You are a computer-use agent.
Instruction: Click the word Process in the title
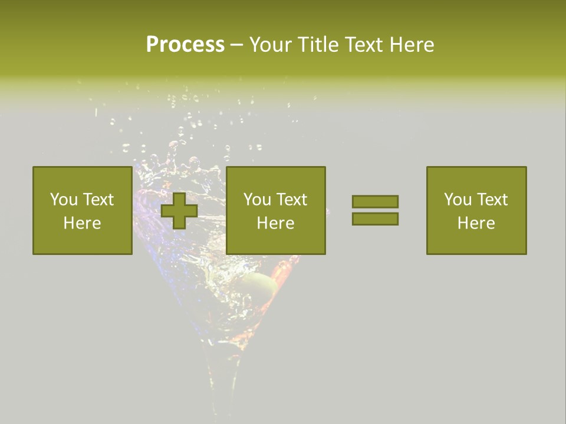tap(185, 45)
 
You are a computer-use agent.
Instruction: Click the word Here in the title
tap(413, 45)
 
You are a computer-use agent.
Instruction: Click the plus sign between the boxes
tap(179, 211)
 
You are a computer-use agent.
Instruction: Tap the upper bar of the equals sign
tap(375, 201)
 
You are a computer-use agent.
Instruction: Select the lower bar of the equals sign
tap(375, 219)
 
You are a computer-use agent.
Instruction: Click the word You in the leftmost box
tap(64, 200)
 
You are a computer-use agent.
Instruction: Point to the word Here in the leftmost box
tap(82, 223)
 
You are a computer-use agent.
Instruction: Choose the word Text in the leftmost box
tap(98, 200)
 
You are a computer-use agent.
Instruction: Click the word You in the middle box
tap(257, 200)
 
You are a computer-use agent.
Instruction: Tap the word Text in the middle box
tap(291, 200)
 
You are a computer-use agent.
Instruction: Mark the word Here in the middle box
tap(275, 223)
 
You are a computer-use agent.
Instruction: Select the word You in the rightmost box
tap(458, 200)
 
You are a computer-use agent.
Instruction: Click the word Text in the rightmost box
tap(492, 200)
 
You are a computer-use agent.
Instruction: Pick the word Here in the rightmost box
tap(476, 223)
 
